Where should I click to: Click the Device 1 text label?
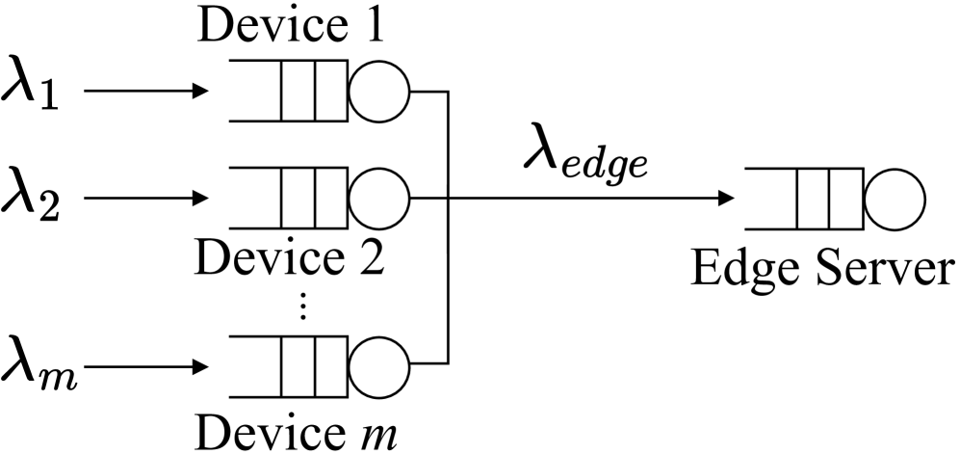291,30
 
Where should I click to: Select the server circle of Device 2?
379,199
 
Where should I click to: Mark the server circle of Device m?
379,363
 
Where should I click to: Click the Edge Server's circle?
894,200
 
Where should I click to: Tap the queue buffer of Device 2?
289,199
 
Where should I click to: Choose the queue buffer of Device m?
289,363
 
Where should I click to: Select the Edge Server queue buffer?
803,200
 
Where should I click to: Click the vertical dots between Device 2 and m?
301,306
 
